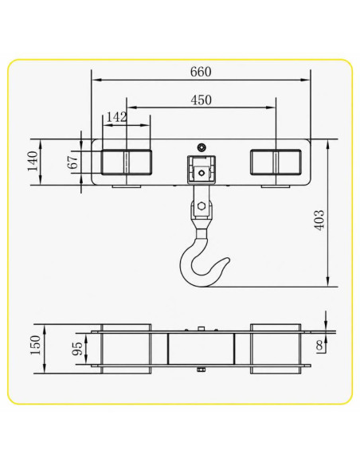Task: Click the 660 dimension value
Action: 201,72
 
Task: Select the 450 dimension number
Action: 201,100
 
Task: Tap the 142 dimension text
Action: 116,117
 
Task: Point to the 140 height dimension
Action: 33,162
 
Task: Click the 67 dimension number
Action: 73,162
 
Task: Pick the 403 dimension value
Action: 319,220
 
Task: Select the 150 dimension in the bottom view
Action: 35,346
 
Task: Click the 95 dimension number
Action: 77,349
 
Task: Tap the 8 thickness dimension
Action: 319,346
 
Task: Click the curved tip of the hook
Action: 226,260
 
